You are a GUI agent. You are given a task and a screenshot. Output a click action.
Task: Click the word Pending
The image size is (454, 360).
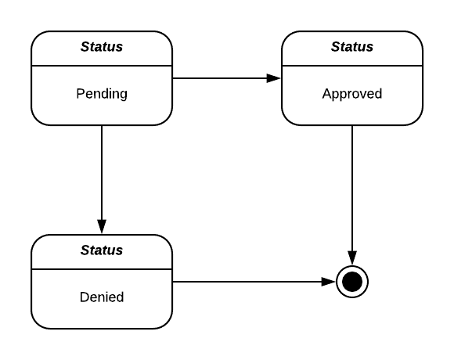tap(102, 94)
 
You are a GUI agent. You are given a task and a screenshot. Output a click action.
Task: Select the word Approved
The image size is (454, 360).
tap(352, 94)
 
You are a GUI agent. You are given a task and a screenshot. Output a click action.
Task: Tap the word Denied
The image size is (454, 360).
tap(102, 297)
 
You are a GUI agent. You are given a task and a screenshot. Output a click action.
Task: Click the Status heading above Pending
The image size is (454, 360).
tap(102, 47)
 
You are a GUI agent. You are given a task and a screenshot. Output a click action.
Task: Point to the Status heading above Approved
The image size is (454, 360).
tap(352, 47)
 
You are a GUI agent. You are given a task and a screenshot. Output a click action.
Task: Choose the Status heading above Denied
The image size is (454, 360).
tap(102, 250)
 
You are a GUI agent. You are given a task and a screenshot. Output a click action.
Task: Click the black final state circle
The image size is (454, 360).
tap(352, 282)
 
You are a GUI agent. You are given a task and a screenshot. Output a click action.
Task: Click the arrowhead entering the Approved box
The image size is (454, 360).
tap(275, 78)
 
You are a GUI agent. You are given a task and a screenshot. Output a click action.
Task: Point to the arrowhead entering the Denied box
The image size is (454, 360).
tap(102, 228)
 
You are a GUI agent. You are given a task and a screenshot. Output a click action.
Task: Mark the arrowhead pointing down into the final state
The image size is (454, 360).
tap(352, 259)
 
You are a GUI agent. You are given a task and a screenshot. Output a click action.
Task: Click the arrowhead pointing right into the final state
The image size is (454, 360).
tap(330, 282)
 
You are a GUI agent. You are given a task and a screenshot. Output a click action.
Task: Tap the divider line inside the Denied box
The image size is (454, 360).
tap(102, 268)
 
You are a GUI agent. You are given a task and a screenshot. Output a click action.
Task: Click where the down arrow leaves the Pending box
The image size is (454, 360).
tap(102, 126)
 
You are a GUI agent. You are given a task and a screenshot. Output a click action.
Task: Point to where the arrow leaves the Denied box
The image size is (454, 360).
tap(173, 282)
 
